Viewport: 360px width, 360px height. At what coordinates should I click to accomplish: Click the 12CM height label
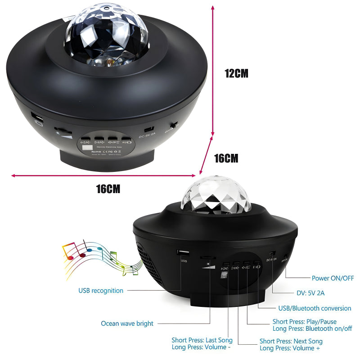click(236, 73)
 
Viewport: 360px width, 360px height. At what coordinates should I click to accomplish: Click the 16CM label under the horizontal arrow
click(108, 189)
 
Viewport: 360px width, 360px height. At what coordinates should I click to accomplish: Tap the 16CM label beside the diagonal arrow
click(226, 158)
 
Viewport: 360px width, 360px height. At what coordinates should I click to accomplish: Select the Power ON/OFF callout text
click(333, 278)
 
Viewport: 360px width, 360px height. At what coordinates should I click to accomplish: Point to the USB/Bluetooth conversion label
click(314, 308)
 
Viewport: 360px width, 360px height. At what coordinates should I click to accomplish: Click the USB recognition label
click(101, 291)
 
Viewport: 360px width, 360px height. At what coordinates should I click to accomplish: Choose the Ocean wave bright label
click(127, 324)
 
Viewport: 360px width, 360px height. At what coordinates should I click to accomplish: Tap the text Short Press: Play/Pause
click(305, 322)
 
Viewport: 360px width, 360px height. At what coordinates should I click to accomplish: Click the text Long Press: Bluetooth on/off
click(312, 328)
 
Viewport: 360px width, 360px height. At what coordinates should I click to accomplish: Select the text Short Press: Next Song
click(291, 341)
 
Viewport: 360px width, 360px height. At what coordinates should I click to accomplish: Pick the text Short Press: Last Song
click(202, 340)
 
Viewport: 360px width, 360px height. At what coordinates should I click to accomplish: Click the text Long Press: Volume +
click(291, 348)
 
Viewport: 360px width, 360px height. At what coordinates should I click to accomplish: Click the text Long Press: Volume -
click(202, 347)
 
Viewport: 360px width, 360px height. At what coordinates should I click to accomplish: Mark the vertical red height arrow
click(213, 70)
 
